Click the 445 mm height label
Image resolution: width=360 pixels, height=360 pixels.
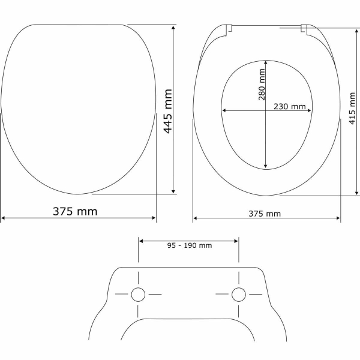click(168, 111)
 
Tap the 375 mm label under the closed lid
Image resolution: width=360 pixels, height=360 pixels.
click(75, 211)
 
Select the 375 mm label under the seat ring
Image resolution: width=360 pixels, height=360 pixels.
click(265, 214)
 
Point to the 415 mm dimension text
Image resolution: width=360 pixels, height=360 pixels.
click(352, 109)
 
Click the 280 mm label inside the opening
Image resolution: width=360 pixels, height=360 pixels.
click(262, 85)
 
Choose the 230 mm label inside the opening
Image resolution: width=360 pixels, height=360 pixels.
click(290, 107)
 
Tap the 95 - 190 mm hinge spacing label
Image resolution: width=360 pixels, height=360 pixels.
click(190, 245)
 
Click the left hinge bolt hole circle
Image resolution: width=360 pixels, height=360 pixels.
click(138, 295)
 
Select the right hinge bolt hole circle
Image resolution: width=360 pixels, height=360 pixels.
click(239, 295)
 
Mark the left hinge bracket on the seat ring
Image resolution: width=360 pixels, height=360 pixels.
click(229, 30)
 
